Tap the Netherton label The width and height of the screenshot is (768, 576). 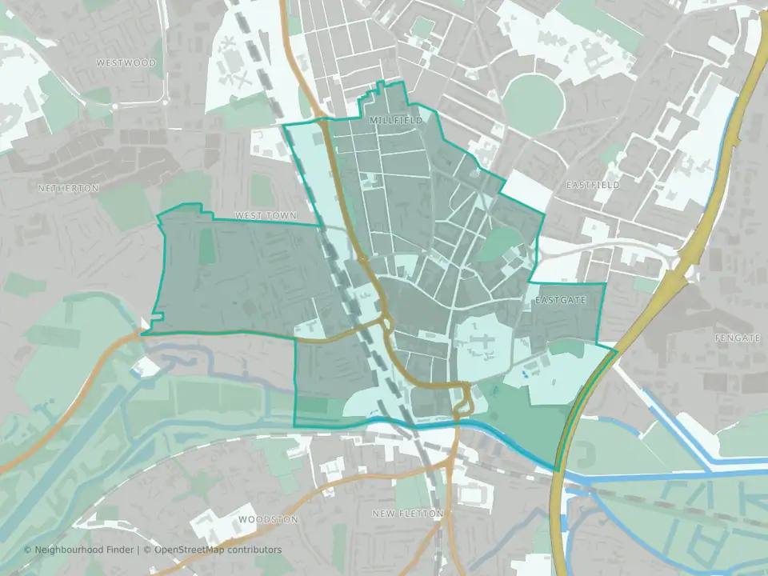[68, 188]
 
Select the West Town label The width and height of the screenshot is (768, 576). [266, 216]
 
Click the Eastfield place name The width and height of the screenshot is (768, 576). [593, 185]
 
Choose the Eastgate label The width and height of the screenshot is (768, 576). [561, 300]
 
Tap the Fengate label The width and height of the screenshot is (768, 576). [738, 338]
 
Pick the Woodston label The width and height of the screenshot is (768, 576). [268, 519]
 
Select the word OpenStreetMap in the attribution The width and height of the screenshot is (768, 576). [190, 550]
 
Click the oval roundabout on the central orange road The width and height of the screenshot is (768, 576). [386, 322]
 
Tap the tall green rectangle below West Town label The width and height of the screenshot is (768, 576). [208, 247]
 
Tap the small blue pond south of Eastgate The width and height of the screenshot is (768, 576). [522, 370]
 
